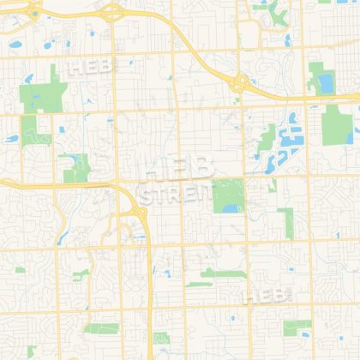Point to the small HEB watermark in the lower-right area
(x=268, y=295)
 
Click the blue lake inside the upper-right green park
(x=325, y=83)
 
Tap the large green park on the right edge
(x=337, y=126)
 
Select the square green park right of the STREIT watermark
(x=228, y=196)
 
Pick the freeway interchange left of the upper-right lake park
(x=241, y=83)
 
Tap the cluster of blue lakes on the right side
(x=287, y=137)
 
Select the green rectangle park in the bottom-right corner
(x=297, y=327)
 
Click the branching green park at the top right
(x=277, y=12)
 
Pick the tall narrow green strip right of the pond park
(x=287, y=219)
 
